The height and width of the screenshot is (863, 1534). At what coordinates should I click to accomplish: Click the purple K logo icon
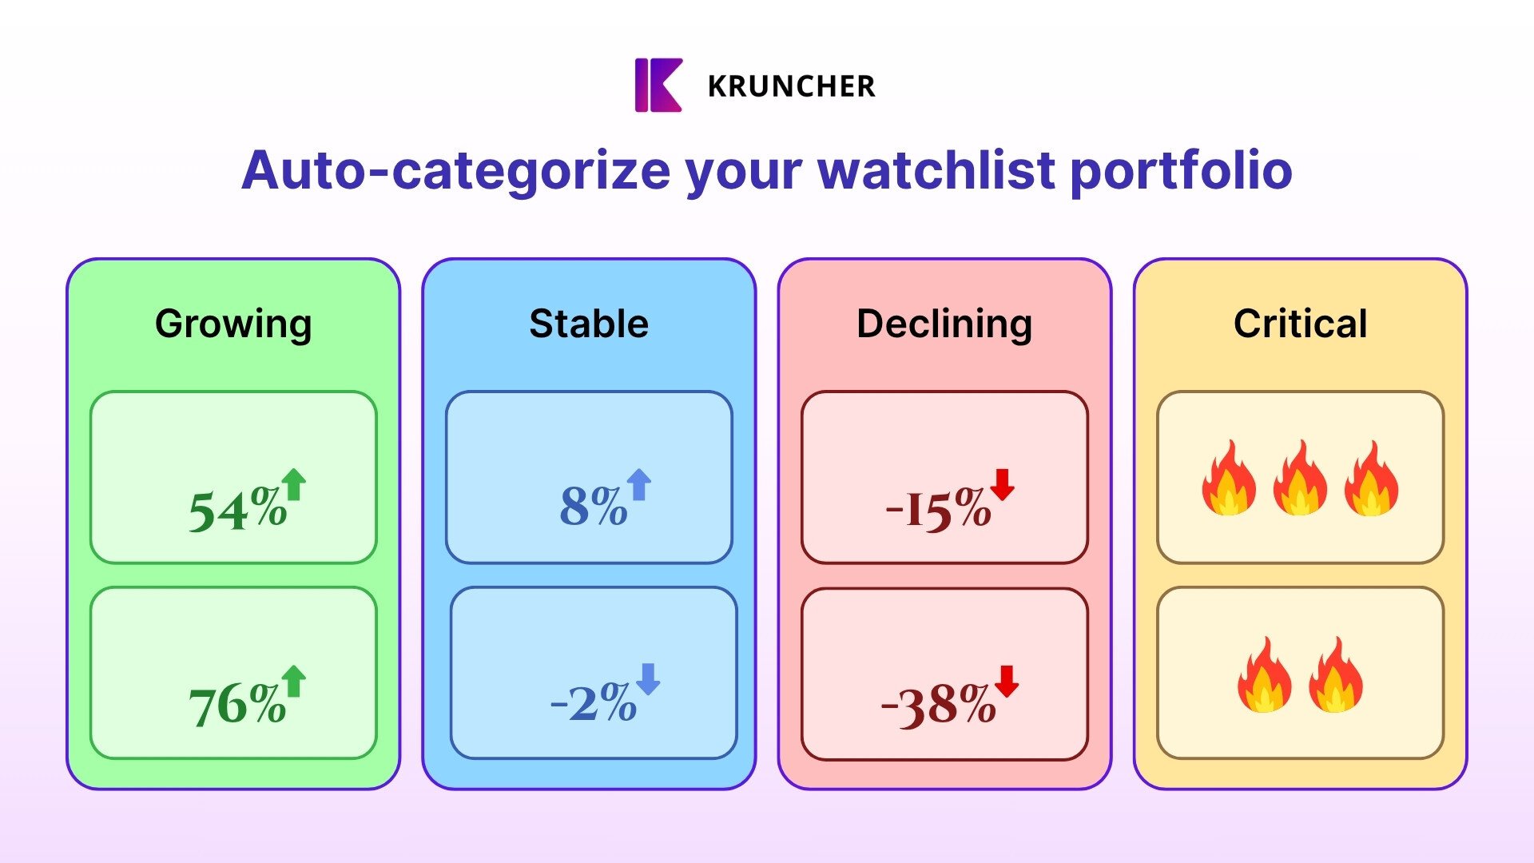pyautogui.click(x=658, y=85)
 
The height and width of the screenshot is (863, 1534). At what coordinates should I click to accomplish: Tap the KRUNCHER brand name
pyautogui.click(x=792, y=86)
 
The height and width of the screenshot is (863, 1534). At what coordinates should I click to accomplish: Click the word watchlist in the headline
pyautogui.click(x=936, y=170)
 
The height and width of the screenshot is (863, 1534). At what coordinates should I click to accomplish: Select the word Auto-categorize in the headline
pyautogui.click(x=456, y=171)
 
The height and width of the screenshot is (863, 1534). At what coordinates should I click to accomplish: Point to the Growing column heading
pyautogui.click(x=233, y=324)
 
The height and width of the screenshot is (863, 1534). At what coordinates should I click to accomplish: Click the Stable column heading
pyautogui.click(x=589, y=324)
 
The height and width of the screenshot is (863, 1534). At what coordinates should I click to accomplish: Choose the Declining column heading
pyautogui.click(x=944, y=324)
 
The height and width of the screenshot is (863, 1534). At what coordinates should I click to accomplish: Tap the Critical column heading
pyautogui.click(x=1301, y=324)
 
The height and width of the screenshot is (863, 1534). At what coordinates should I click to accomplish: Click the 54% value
pyautogui.click(x=237, y=509)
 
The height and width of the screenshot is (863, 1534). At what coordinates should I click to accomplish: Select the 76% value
pyautogui.click(x=237, y=705)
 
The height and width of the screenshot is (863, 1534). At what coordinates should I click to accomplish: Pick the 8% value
pyautogui.click(x=593, y=505)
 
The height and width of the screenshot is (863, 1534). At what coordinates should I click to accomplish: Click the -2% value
pyautogui.click(x=593, y=702)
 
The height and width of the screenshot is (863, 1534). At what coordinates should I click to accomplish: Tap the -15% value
pyautogui.click(x=938, y=508)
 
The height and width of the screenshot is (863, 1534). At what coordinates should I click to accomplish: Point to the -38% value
pyautogui.click(x=938, y=706)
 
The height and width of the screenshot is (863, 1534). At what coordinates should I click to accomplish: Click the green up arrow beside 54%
pyautogui.click(x=294, y=484)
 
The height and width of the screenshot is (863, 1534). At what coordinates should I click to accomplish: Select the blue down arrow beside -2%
pyautogui.click(x=648, y=679)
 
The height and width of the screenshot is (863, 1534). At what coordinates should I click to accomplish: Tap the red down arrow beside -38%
pyautogui.click(x=1007, y=682)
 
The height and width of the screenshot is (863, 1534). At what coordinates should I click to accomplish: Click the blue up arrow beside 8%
pyautogui.click(x=639, y=484)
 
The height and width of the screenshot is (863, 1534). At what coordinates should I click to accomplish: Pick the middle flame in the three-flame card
pyautogui.click(x=1300, y=477)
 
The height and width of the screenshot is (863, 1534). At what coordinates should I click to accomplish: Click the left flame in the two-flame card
pyautogui.click(x=1265, y=674)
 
